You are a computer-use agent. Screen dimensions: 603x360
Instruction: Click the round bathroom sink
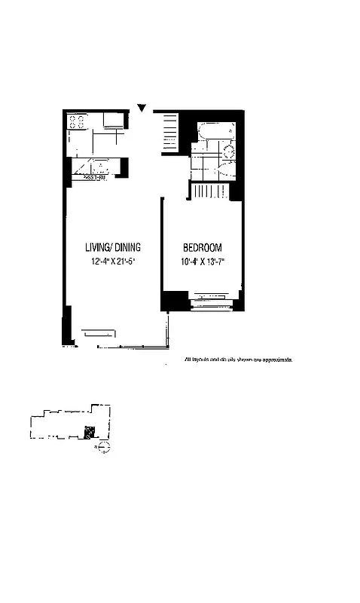pyautogui.click(x=229, y=152)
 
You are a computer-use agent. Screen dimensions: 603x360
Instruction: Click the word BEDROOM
pyautogui.click(x=202, y=248)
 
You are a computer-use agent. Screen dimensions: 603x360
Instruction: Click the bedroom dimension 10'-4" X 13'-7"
pyautogui.click(x=203, y=263)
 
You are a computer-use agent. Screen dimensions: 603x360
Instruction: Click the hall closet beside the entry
pyautogui.click(x=169, y=133)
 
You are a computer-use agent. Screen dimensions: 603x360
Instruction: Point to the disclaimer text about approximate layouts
pyautogui.click(x=237, y=360)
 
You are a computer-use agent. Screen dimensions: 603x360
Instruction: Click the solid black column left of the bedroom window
pyautogui.click(x=173, y=302)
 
